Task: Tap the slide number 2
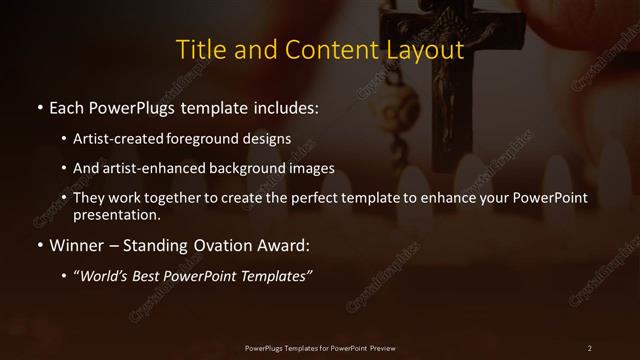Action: (590, 346)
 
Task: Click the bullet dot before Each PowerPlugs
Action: (38, 106)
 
